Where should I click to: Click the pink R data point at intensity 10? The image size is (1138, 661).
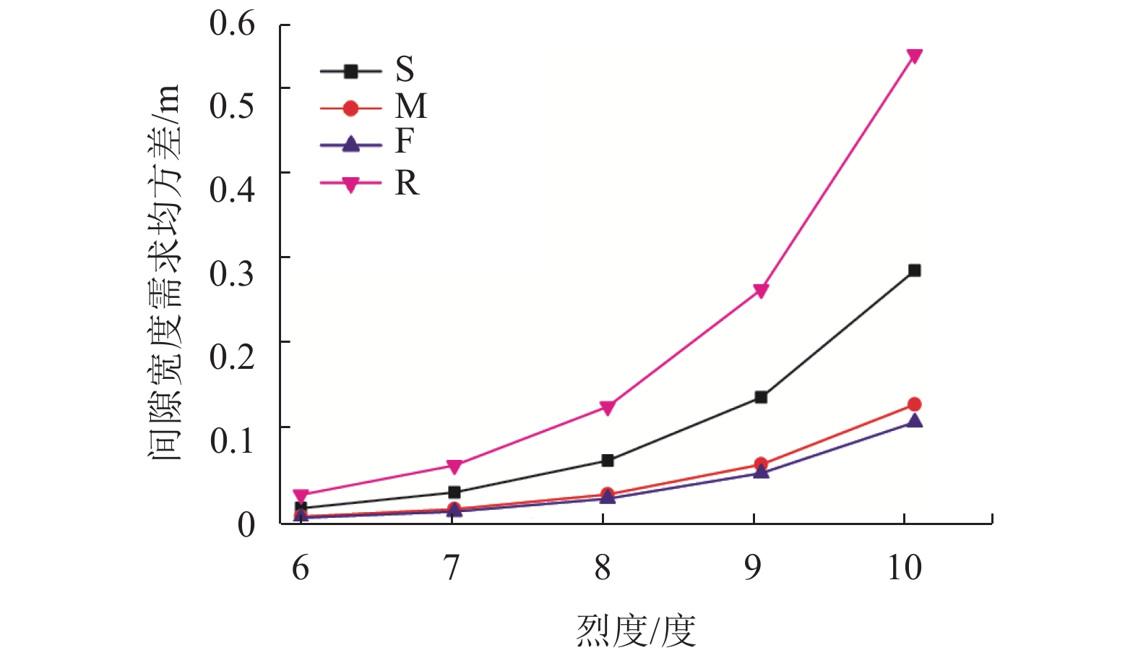click(x=914, y=56)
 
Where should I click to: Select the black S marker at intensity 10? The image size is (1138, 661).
click(x=914, y=270)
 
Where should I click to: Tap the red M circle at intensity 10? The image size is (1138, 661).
click(x=914, y=404)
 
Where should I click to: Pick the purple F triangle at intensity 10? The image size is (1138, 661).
click(x=914, y=420)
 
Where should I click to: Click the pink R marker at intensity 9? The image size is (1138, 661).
click(x=761, y=291)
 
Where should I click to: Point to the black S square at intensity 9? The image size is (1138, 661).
click(x=761, y=397)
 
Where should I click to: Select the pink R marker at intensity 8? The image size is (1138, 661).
click(x=607, y=408)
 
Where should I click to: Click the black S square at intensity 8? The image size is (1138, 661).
click(x=607, y=461)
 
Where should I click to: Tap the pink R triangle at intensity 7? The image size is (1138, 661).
click(x=454, y=466)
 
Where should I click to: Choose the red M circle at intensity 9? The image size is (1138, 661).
click(x=761, y=464)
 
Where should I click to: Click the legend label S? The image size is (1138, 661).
click(x=405, y=69)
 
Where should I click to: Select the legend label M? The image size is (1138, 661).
click(x=410, y=106)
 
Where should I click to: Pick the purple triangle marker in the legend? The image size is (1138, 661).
click(x=350, y=145)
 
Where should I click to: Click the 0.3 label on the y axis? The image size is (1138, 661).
click(x=232, y=273)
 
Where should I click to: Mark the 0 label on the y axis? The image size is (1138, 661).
click(x=246, y=524)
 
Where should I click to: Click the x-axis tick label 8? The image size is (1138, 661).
click(x=603, y=568)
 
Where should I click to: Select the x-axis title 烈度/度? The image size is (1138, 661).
click(x=636, y=631)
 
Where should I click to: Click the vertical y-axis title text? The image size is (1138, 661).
click(x=163, y=273)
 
